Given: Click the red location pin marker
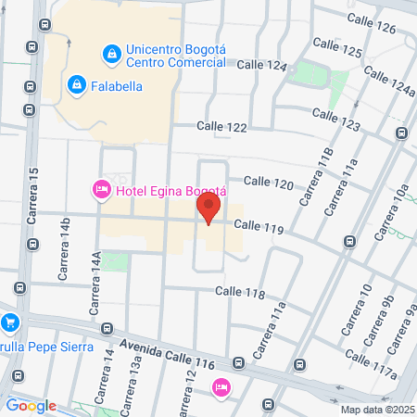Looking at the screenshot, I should [x=210, y=208].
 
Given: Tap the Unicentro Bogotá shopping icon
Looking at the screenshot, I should [x=112, y=55].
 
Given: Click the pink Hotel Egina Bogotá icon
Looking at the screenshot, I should [x=101, y=189].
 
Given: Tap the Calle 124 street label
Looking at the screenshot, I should [x=263, y=66].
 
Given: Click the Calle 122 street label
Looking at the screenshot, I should [x=220, y=126].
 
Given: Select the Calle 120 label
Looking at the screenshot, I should [x=270, y=183].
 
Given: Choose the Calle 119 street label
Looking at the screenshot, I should [x=257, y=225].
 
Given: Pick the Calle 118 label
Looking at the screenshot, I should [x=239, y=292].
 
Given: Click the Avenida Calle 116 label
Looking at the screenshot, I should [x=177, y=349].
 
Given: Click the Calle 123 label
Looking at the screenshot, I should [x=335, y=119].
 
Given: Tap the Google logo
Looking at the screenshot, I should [x=31, y=405].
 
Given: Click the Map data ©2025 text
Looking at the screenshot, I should [x=375, y=409].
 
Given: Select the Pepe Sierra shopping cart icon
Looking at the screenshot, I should [x=10, y=322].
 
